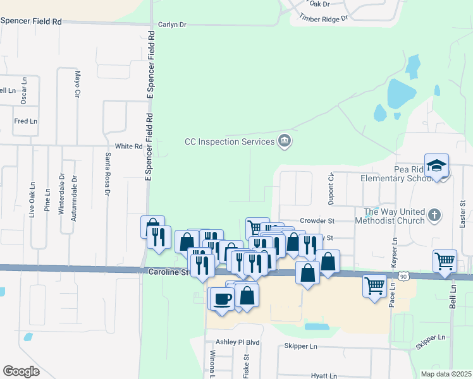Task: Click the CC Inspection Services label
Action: [x=229, y=141]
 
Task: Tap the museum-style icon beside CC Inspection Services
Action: [x=285, y=141]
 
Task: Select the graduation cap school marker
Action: [x=436, y=165]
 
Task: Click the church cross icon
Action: [x=434, y=215]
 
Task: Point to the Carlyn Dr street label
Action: [x=173, y=25]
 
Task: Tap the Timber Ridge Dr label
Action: [x=324, y=18]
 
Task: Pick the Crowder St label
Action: [x=316, y=221]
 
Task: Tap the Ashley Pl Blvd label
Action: [x=238, y=342]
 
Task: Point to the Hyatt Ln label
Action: [x=324, y=375]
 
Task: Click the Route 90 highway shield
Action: [x=403, y=276]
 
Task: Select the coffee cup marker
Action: [x=222, y=298]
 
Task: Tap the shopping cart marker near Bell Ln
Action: [x=445, y=260]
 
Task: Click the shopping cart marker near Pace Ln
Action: [x=374, y=285]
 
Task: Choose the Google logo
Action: [x=21, y=371]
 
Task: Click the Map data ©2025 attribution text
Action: [x=446, y=374]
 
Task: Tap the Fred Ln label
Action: [x=26, y=121]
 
